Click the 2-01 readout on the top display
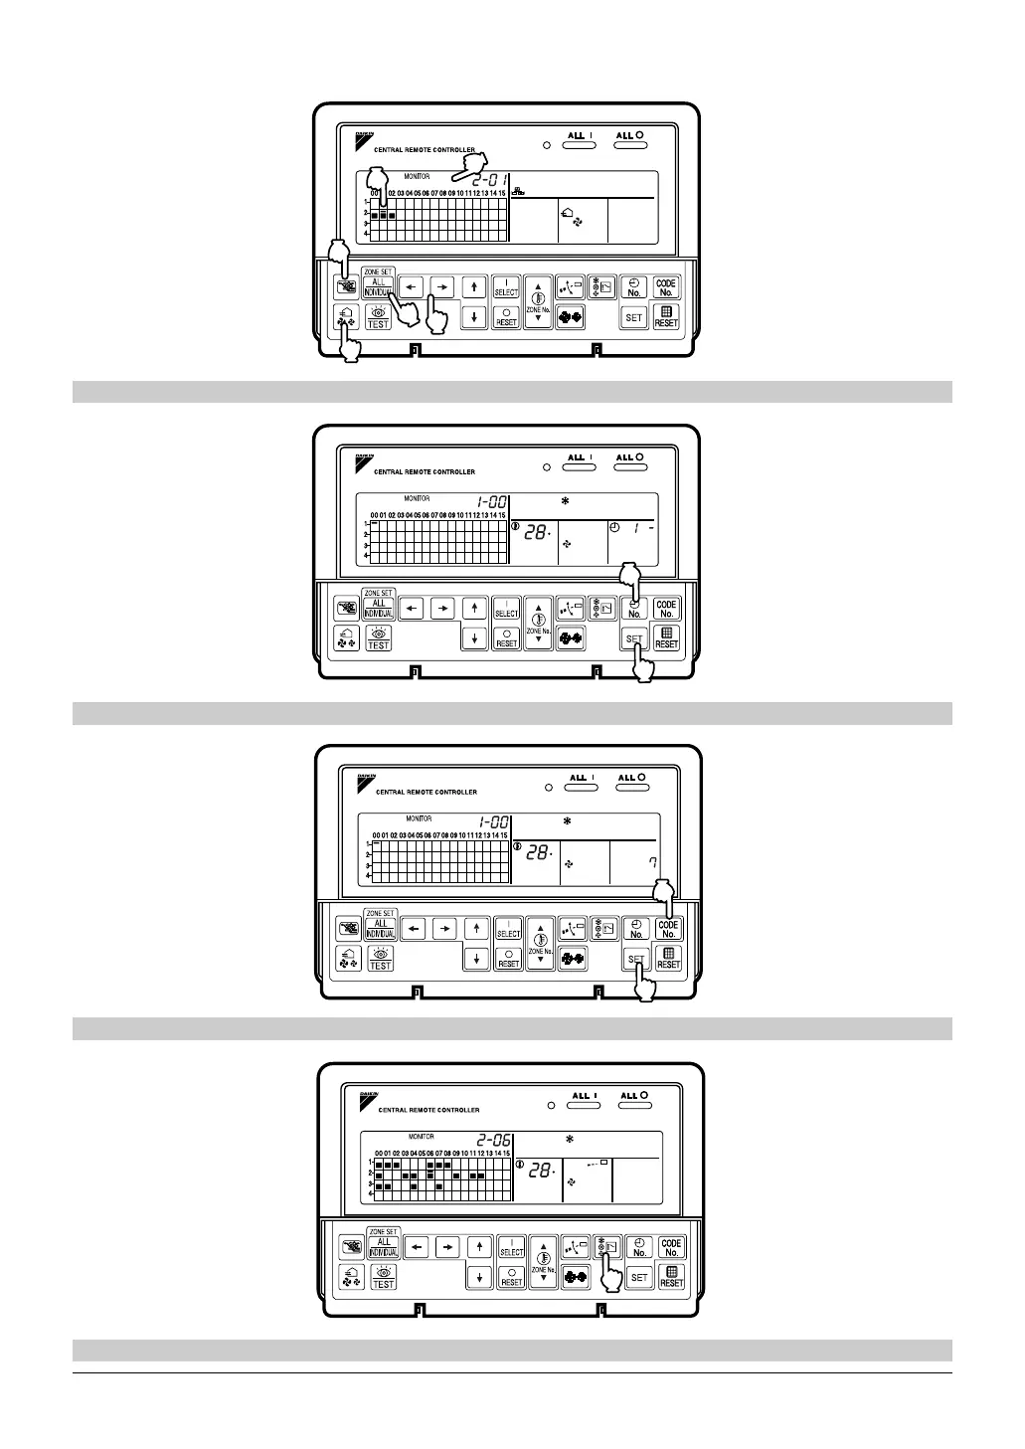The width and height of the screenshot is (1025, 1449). (489, 181)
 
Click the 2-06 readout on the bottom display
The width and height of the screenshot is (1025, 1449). (494, 1141)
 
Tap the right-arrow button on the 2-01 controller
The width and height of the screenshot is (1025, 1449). (442, 287)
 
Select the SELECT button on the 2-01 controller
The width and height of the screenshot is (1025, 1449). (506, 286)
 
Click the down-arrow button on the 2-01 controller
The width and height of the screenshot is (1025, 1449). (474, 317)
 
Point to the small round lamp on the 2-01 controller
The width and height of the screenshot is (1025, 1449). (546, 146)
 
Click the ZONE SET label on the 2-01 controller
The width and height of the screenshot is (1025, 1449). (378, 272)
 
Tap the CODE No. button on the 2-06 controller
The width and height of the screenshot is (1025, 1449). (671, 1247)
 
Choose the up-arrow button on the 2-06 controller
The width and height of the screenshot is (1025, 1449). (480, 1246)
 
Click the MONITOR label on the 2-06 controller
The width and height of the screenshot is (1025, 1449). (421, 1136)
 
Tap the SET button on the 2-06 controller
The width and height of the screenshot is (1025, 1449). (639, 1277)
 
